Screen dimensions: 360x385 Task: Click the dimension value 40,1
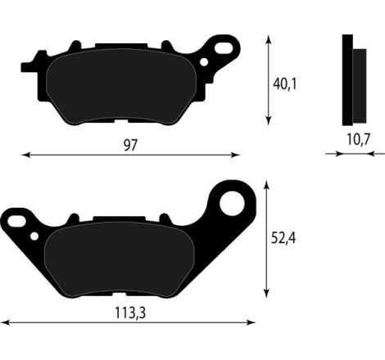(285, 83)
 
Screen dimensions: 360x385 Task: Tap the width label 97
(130, 145)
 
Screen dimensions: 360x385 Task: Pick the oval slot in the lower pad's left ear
(15, 221)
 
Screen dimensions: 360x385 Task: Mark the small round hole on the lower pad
(34, 236)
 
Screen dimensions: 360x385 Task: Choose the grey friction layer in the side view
(360, 82)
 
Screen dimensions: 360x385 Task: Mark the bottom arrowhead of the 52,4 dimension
(267, 295)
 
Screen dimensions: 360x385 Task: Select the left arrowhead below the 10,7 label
(328, 153)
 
